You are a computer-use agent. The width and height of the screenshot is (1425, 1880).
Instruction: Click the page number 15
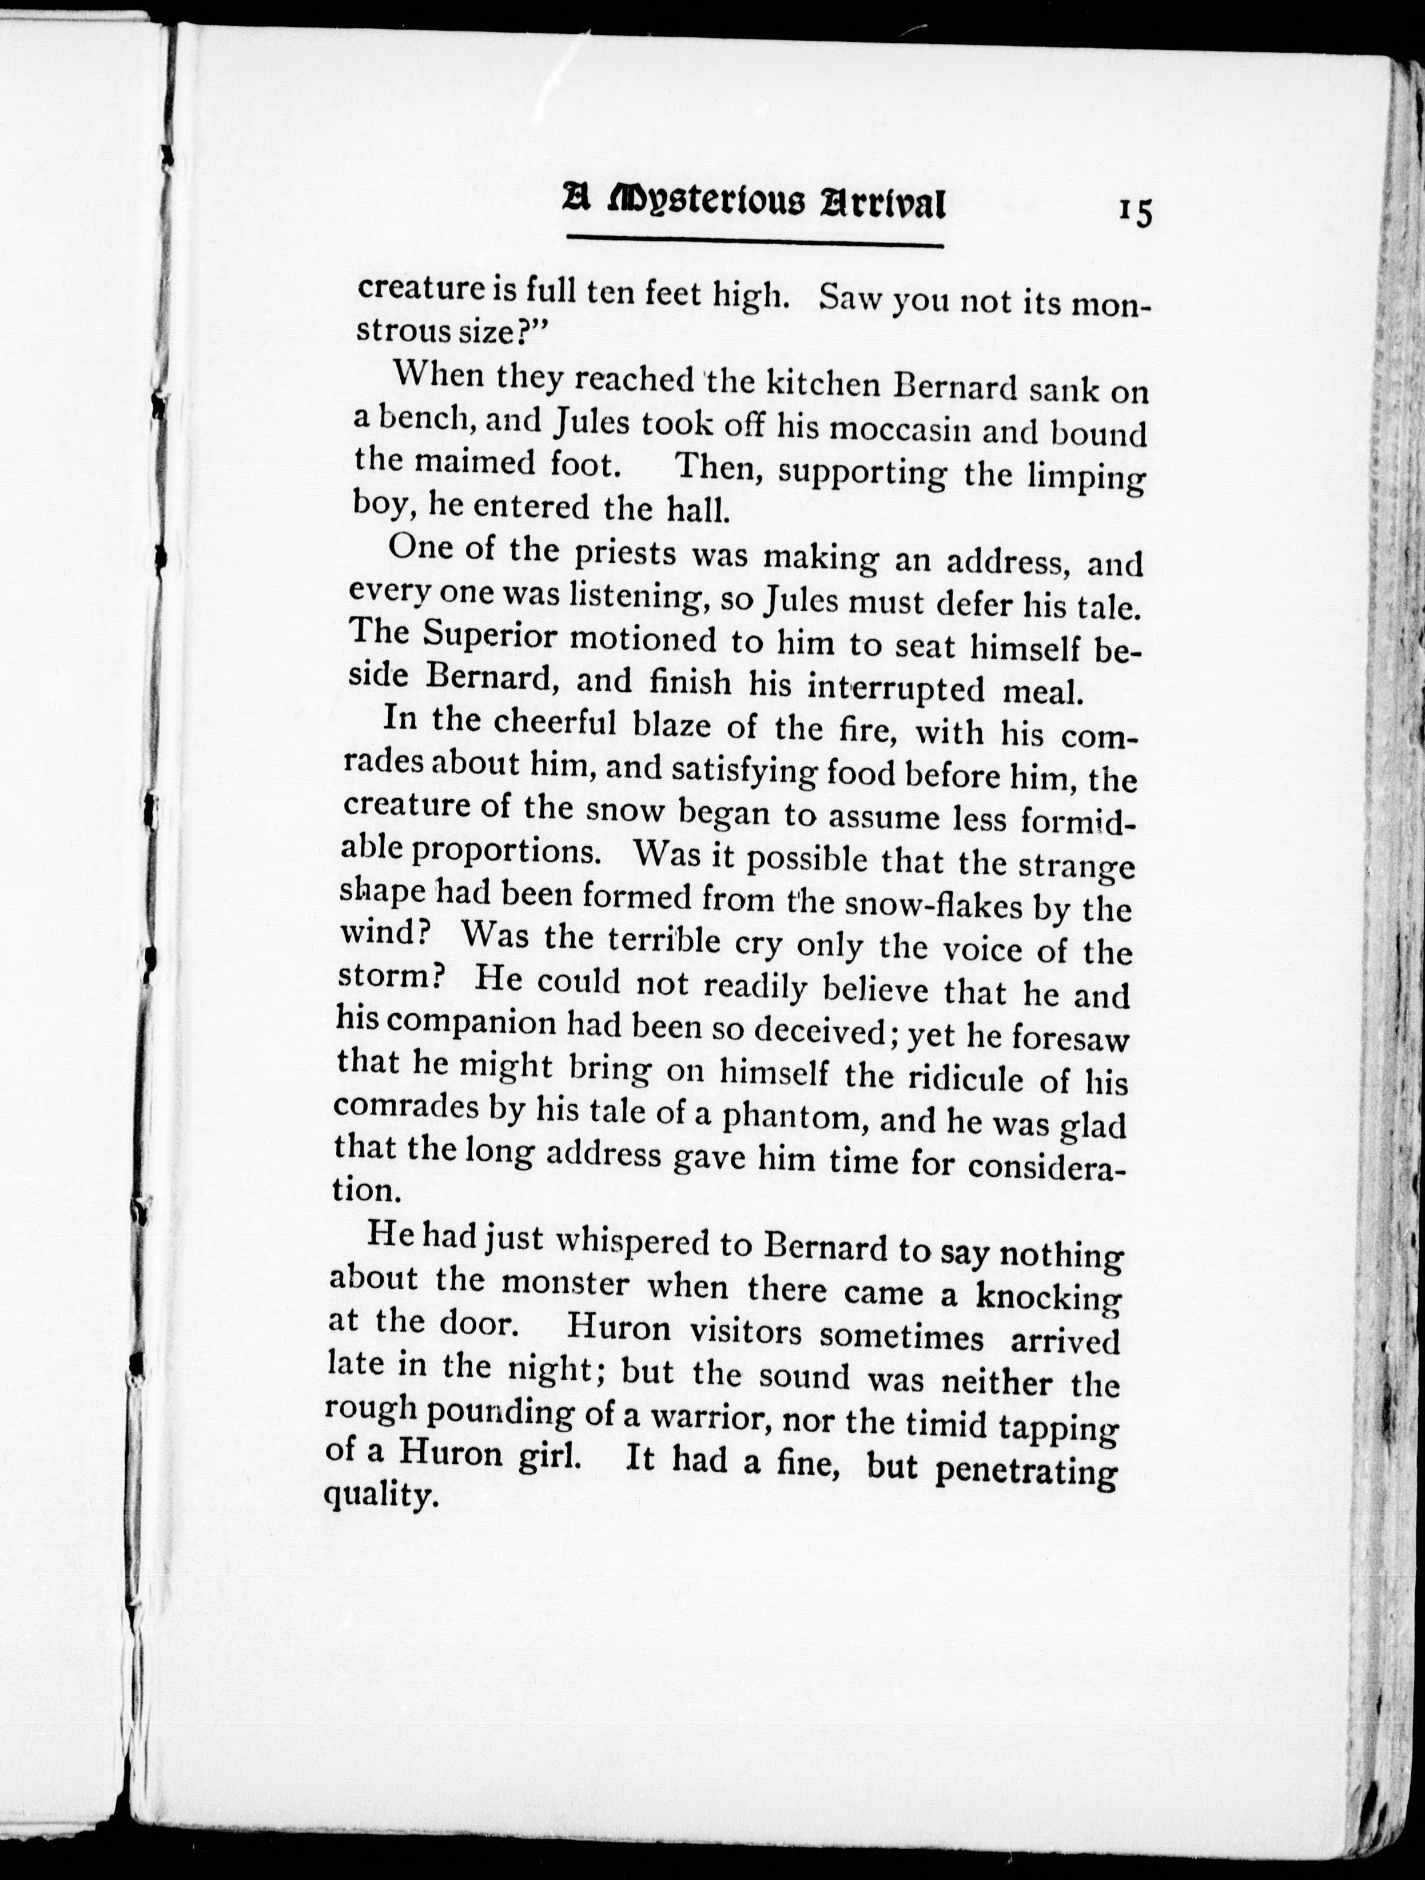1135,212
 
